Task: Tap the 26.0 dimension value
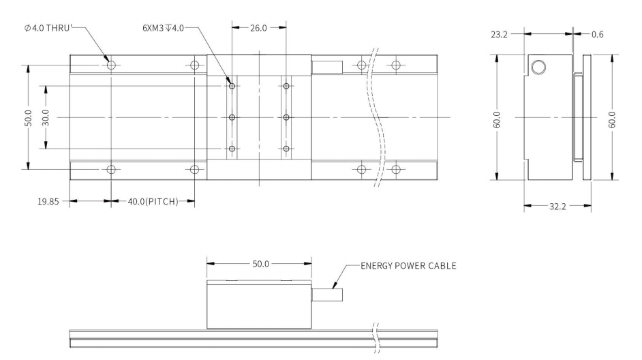[x=259, y=29]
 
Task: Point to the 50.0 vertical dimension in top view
[x=27, y=117]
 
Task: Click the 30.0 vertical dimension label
[x=46, y=117]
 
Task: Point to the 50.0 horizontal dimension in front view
[x=259, y=262]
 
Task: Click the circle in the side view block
[x=538, y=66]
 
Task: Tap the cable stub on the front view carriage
[x=327, y=296]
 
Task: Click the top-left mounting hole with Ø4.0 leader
[x=111, y=65]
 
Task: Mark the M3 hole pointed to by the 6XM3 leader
[x=232, y=86]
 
